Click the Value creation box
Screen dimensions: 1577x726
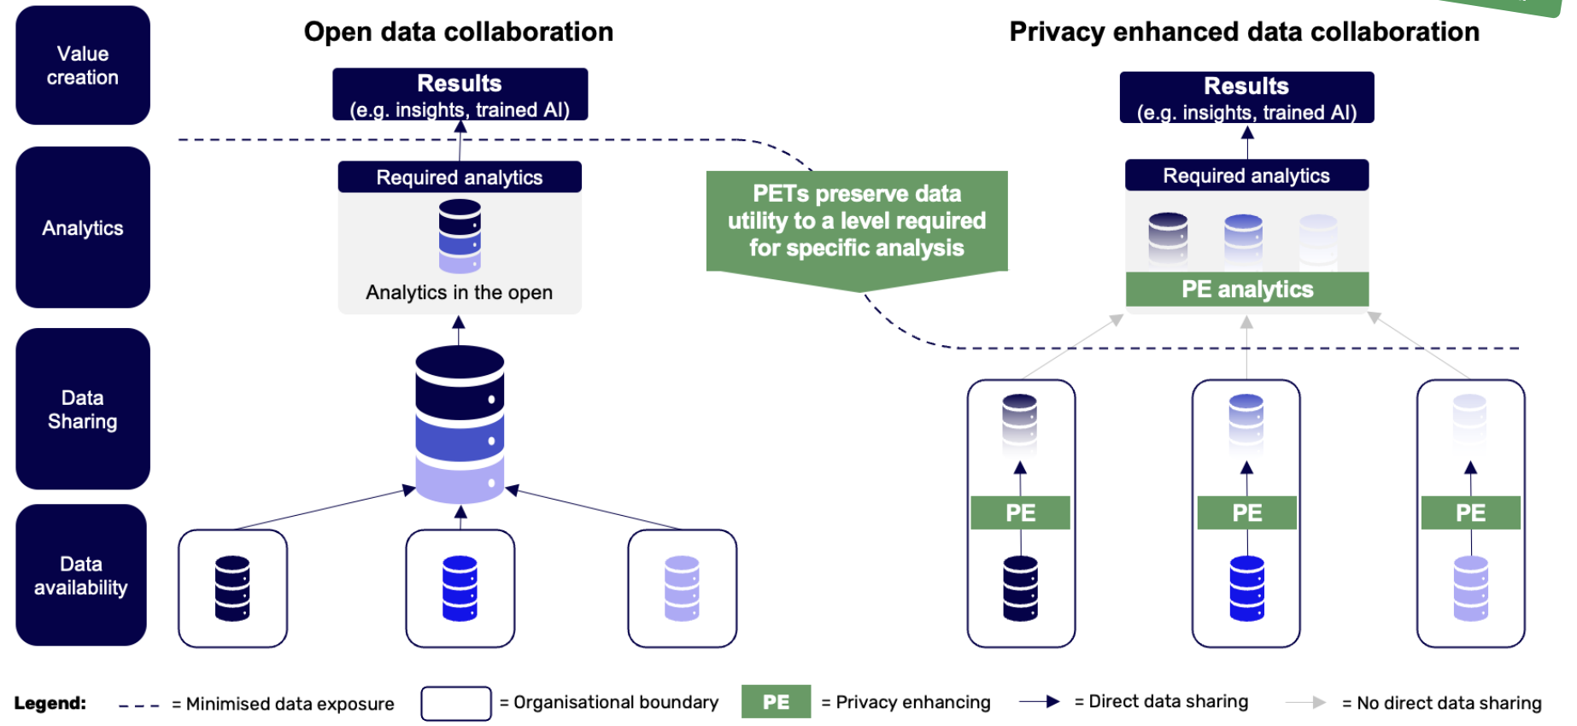(x=83, y=66)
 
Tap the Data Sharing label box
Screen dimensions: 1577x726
(x=83, y=409)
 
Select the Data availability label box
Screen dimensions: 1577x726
(x=81, y=576)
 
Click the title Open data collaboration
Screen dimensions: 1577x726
(x=459, y=32)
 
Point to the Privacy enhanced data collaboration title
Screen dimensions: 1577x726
(x=1245, y=32)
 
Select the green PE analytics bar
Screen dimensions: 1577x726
(x=1247, y=290)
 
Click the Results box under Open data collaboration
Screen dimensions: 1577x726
(x=460, y=95)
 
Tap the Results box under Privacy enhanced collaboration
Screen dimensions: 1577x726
(x=1247, y=97)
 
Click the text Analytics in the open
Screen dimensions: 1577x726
(x=460, y=292)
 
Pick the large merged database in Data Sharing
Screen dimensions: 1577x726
(x=460, y=424)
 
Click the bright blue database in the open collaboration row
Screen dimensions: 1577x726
(x=460, y=588)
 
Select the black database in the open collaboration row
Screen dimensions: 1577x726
(x=232, y=588)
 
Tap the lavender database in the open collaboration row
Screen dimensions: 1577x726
(x=682, y=588)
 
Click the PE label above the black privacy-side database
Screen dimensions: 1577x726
(x=1020, y=512)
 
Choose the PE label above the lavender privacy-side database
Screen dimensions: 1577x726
(x=1470, y=512)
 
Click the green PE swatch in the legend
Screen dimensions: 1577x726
(x=776, y=702)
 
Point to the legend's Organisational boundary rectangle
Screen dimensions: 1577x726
(x=456, y=703)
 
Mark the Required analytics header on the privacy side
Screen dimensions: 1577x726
(x=1247, y=175)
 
